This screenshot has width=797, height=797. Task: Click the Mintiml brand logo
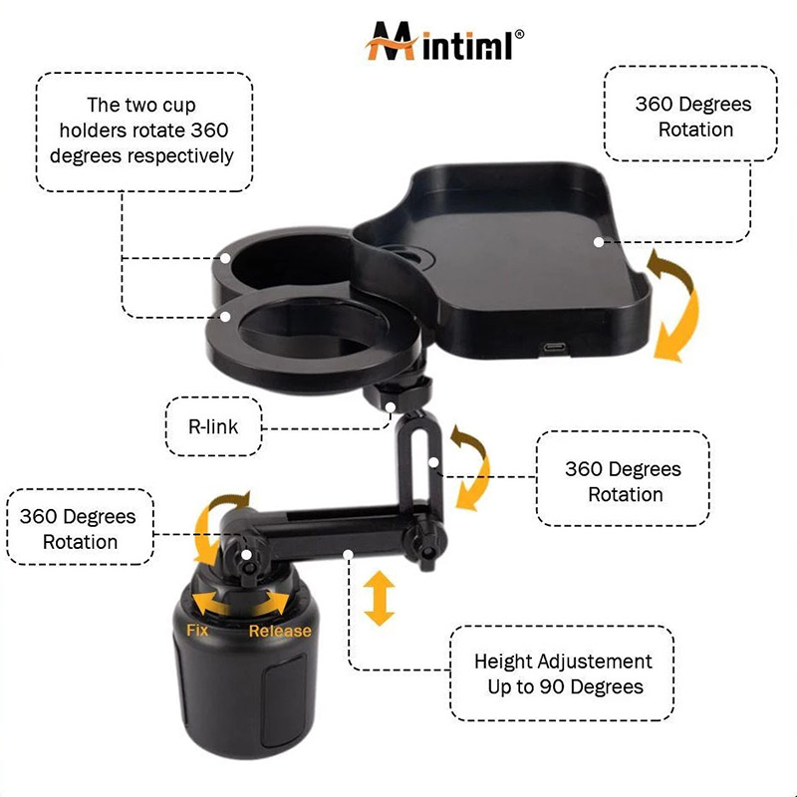pos(443,42)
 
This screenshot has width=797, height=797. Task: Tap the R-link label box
pos(213,426)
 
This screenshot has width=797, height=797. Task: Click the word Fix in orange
pos(197,631)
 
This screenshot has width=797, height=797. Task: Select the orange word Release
pos(280,631)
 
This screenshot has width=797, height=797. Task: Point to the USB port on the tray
pos(554,348)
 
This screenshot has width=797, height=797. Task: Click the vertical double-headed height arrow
pos(380,598)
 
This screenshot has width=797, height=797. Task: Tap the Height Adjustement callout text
pos(563,674)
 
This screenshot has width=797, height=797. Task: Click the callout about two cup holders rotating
pos(143,132)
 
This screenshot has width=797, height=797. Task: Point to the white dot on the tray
pos(599,242)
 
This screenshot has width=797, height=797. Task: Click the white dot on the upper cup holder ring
pos(225,258)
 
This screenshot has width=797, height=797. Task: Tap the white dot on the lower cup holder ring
pos(226,317)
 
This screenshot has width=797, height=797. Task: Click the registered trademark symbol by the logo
pos(519,34)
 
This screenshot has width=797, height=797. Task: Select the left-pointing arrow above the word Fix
pos(208,603)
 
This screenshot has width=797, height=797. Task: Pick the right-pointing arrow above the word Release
pos(273,603)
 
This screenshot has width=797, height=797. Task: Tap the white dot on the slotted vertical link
pos(433,462)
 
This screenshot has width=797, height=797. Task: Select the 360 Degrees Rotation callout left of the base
pos(81,527)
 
